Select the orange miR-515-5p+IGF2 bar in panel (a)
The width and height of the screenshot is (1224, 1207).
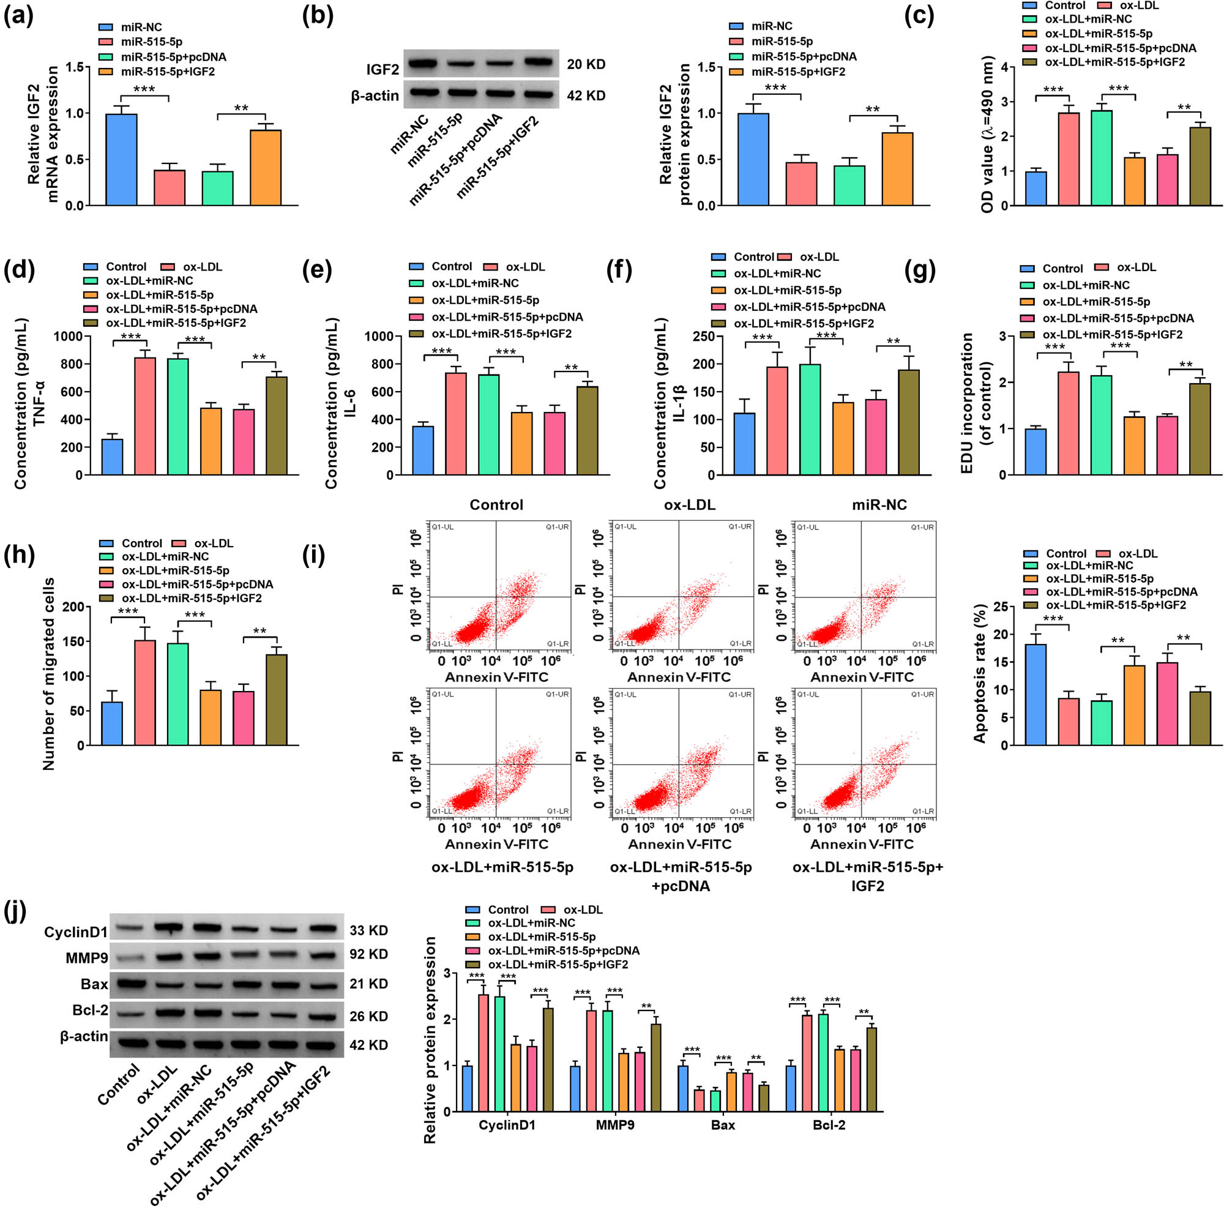click(266, 168)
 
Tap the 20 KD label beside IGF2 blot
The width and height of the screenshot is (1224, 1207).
click(586, 65)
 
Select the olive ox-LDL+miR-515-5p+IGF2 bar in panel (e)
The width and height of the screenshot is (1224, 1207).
click(587, 431)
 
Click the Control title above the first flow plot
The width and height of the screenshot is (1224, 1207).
click(496, 505)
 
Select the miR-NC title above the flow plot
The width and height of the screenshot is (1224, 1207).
click(879, 505)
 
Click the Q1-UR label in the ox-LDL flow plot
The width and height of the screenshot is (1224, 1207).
click(739, 527)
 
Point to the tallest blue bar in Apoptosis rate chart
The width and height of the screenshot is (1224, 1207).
click(1036, 695)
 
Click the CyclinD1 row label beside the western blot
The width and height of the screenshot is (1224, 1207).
click(75, 932)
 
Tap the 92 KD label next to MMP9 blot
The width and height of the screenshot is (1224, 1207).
click(368, 954)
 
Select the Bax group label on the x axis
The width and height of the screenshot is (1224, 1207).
click(722, 1125)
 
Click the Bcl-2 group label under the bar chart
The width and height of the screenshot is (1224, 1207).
click(829, 1125)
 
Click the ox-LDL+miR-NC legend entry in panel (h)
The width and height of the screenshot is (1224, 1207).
click(165, 557)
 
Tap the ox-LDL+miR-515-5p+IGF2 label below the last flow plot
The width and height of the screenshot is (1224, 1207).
click(867, 876)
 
